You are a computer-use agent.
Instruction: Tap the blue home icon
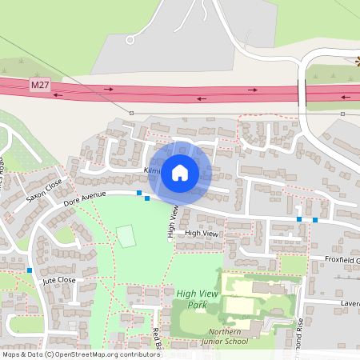[180, 171]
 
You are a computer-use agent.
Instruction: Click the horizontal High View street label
[201, 233]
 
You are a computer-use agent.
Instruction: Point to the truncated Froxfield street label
[342, 260]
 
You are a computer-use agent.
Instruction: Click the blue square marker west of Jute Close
[30, 270]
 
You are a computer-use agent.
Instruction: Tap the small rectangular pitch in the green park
[126, 236]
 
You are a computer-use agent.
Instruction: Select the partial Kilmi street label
[152, 171]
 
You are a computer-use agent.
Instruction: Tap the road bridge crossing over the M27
[303, 93]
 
